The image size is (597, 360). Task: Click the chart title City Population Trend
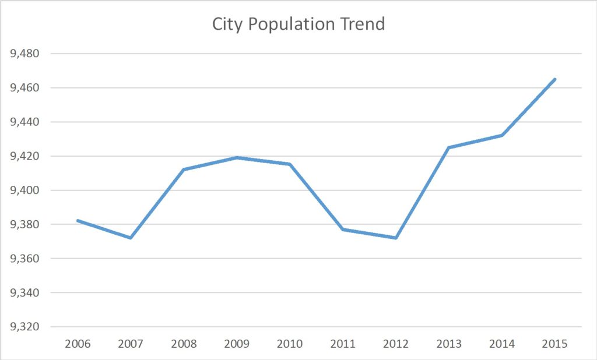click(x=298, y=24)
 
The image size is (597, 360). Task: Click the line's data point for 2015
click(x=554, y=79)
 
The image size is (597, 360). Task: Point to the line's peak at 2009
click(x=237, y=157)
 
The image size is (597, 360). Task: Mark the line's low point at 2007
click(x=131, y=238)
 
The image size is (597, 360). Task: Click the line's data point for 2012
click(x=396, y=238)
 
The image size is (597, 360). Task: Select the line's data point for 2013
click(x=448, y=147)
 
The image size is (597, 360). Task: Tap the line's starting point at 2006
click(x=78, y=221)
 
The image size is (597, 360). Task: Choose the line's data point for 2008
click(x=184, y=170)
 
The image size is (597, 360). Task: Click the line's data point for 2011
click(x=343, y=230)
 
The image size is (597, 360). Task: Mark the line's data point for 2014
click(x=501, y=135)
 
